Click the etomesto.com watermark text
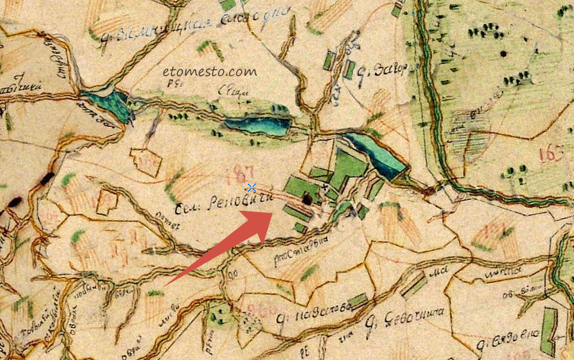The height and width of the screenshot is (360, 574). point(209,72)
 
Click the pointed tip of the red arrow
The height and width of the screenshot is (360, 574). point(273,213)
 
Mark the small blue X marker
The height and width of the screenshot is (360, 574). point(252,187)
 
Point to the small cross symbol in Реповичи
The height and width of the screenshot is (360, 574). point(325,186)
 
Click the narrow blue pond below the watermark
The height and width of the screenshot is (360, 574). point(257,125)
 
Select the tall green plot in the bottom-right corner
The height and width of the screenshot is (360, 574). point(549,331)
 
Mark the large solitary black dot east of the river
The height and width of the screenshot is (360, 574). point(503,54)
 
